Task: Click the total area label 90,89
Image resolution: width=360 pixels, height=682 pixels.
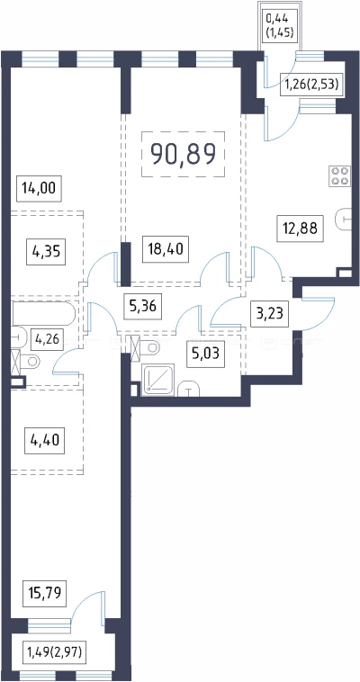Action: click(183, 154)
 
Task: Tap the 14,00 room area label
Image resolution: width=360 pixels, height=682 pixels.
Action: click(40, 189)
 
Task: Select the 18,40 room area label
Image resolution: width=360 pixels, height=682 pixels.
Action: click(166, 249)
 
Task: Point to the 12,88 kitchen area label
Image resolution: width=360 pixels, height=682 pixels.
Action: click(301, 229)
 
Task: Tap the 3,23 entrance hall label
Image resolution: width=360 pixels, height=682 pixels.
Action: click(269, 312)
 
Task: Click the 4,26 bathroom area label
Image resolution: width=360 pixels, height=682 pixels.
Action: click(47, 337)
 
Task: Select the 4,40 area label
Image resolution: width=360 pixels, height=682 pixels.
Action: click(45, 441)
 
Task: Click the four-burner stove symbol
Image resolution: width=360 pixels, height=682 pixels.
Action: click(340, 175)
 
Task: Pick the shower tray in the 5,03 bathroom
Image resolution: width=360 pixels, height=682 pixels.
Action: click(159, 380)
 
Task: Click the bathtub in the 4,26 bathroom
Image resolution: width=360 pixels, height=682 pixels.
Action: click(43, 314)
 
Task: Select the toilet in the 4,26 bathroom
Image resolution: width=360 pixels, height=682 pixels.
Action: click(27, 362)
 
